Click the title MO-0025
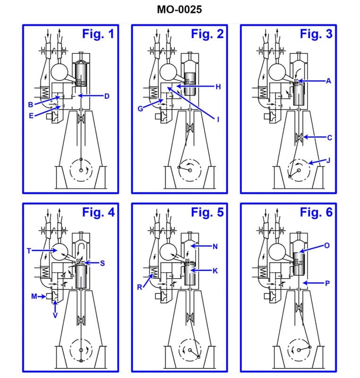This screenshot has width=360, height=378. [180, 9]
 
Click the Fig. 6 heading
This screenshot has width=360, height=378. [316, 212]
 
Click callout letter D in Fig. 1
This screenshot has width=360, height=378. [107, 96]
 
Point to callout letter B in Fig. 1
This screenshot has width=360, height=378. [30, 104]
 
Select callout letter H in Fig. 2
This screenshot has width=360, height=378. [218, 87]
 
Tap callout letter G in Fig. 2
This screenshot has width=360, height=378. [140, 109]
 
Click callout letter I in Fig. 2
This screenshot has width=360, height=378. [218, 119]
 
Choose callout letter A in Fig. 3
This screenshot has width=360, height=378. [328, 81]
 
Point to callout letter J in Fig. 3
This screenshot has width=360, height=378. [328, 160]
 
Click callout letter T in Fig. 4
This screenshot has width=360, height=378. [29, 251]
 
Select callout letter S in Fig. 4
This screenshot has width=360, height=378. [102, 263]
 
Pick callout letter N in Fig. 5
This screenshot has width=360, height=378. [215, 247]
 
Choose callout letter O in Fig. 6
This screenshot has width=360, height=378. [326, 246]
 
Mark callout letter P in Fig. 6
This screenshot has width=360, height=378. [326, 283]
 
